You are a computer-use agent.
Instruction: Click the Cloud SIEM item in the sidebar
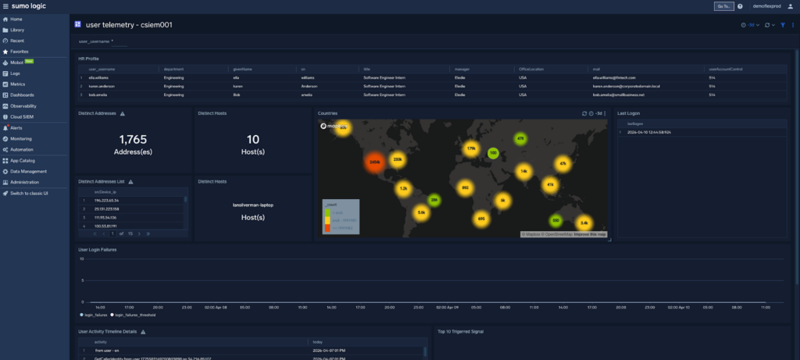pos(23,116)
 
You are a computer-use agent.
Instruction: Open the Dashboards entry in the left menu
pos(23,94)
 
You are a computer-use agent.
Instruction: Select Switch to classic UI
pos(29,193)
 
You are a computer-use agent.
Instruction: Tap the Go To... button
pos(723,6)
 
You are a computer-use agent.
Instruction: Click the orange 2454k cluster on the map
pos(375,162)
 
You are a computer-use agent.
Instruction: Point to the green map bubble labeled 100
pos(493,153)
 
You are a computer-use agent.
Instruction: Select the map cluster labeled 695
pos(480,219)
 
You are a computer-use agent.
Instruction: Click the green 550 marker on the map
pos(555,221)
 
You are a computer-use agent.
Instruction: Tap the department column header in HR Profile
pos(173,70)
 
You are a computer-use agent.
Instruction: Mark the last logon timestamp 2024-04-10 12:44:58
pos(648,132)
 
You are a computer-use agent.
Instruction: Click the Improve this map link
pos(590,234)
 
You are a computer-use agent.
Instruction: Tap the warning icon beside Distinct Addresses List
pos(130,182)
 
